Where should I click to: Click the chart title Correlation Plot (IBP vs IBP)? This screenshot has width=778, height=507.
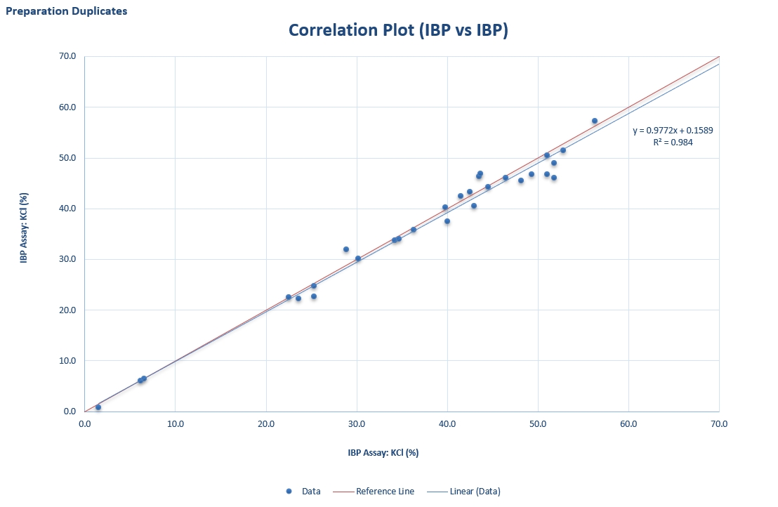[x=398, y=30]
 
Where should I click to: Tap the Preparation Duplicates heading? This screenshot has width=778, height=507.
[x=67, y=11]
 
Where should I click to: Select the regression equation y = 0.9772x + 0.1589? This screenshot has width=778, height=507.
[x=673, y=131]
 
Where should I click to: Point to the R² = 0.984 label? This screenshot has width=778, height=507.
[x=673, y=143]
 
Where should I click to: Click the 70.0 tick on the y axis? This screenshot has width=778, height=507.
[x=67, y=56]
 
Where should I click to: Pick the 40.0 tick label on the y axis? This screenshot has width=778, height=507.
[x=67, y=209]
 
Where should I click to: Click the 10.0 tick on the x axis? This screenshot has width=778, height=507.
[x=175, y=424]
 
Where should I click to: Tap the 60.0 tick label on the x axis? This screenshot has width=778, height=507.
[x=628, y=424]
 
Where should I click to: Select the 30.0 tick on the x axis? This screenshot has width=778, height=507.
[x=357, y=424]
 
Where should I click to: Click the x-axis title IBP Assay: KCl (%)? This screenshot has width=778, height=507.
[x=383, y=452]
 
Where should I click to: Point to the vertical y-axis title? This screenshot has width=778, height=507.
[x=24, y=228]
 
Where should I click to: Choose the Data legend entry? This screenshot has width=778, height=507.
[x=303, y=491]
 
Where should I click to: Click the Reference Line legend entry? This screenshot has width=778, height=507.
[x=373, y=491]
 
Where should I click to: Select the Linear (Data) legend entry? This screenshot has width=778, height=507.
[x=463, y=491]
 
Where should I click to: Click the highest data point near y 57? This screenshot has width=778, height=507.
[x=595, y=121]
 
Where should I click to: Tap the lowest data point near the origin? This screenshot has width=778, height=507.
[x=98, y=407]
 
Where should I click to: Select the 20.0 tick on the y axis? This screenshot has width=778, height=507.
[x=67, y=310]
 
